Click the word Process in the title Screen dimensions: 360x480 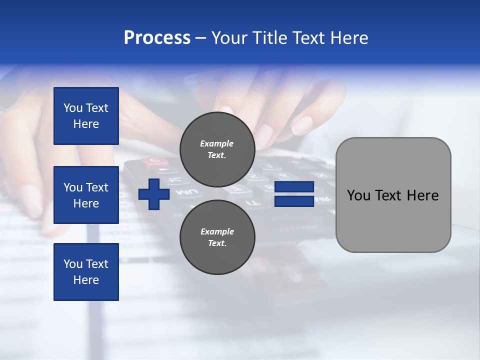point(157,38)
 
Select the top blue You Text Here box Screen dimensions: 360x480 point(86,116)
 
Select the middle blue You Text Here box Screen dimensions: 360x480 point(86,195)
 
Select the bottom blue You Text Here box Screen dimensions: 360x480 point(86,272)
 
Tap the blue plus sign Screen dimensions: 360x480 point(154,193)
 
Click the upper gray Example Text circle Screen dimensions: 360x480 point(217,149)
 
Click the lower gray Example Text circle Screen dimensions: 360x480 point(217,237)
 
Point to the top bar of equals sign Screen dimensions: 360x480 point(294,187)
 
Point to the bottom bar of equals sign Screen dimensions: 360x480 point(294,201)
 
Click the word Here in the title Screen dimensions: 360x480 point(348,38)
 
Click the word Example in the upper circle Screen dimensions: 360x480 point(217,143)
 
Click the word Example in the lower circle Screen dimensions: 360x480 point(217,231)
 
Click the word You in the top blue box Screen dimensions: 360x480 point(72,108)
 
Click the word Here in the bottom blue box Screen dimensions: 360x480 point(86,280)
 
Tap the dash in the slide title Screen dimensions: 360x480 point(201,38)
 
